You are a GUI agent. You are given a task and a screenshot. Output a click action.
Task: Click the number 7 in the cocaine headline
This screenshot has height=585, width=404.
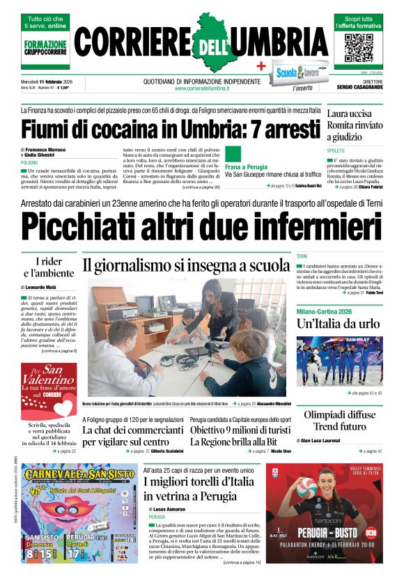[244, 130]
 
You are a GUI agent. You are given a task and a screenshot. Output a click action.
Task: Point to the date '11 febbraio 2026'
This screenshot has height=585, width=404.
[61, 81]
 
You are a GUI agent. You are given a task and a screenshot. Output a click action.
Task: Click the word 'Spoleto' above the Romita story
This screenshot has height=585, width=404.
[335, 150]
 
